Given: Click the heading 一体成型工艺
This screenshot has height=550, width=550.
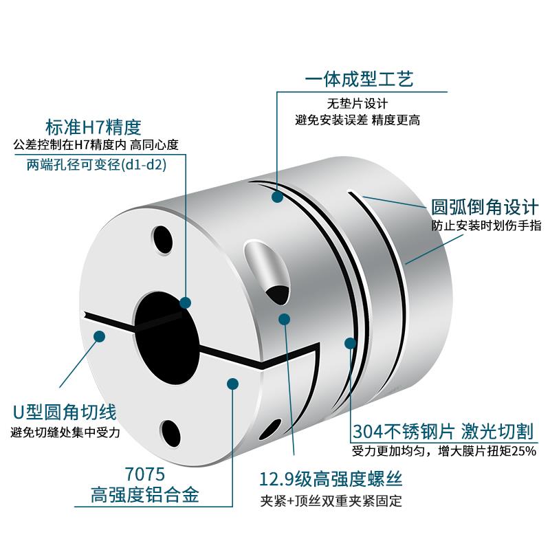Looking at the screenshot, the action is point(359,81).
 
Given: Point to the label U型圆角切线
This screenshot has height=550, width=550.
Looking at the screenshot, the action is point(65,412).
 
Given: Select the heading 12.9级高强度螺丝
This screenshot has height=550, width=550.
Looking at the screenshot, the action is point(331,478).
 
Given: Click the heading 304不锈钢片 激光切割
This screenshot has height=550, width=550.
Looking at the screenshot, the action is point(443,431).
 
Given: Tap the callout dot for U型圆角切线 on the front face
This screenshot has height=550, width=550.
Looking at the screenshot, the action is point(100,337).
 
